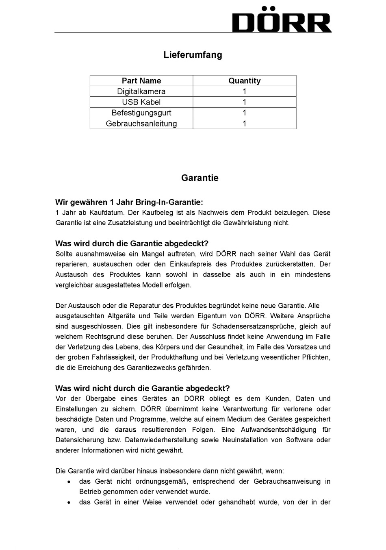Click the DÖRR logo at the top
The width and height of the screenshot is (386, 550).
(x=282, y=20)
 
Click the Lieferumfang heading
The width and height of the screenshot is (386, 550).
(x=193, y=55)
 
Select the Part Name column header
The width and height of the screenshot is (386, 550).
(x=141, y=81)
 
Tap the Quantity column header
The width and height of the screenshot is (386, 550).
(x=244, y=81)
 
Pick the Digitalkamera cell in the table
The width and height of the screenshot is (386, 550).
(x=141, y=91)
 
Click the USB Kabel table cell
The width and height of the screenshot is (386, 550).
(x=141, y=102)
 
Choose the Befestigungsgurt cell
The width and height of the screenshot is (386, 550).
(x=141, y=113)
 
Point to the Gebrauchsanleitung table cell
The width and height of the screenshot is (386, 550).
(x=141, y=124)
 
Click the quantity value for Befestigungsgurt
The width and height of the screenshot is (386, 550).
(x=244, y=113)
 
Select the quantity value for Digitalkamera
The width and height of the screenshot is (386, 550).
(x=244, y=91)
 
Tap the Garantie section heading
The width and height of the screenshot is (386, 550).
(x=200, y=178)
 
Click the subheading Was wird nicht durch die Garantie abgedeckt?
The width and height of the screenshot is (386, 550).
(x=142, y=388)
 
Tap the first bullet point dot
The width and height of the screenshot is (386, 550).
(x=69, y=482)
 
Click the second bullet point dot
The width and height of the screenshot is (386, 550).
(x=69, y=502)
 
